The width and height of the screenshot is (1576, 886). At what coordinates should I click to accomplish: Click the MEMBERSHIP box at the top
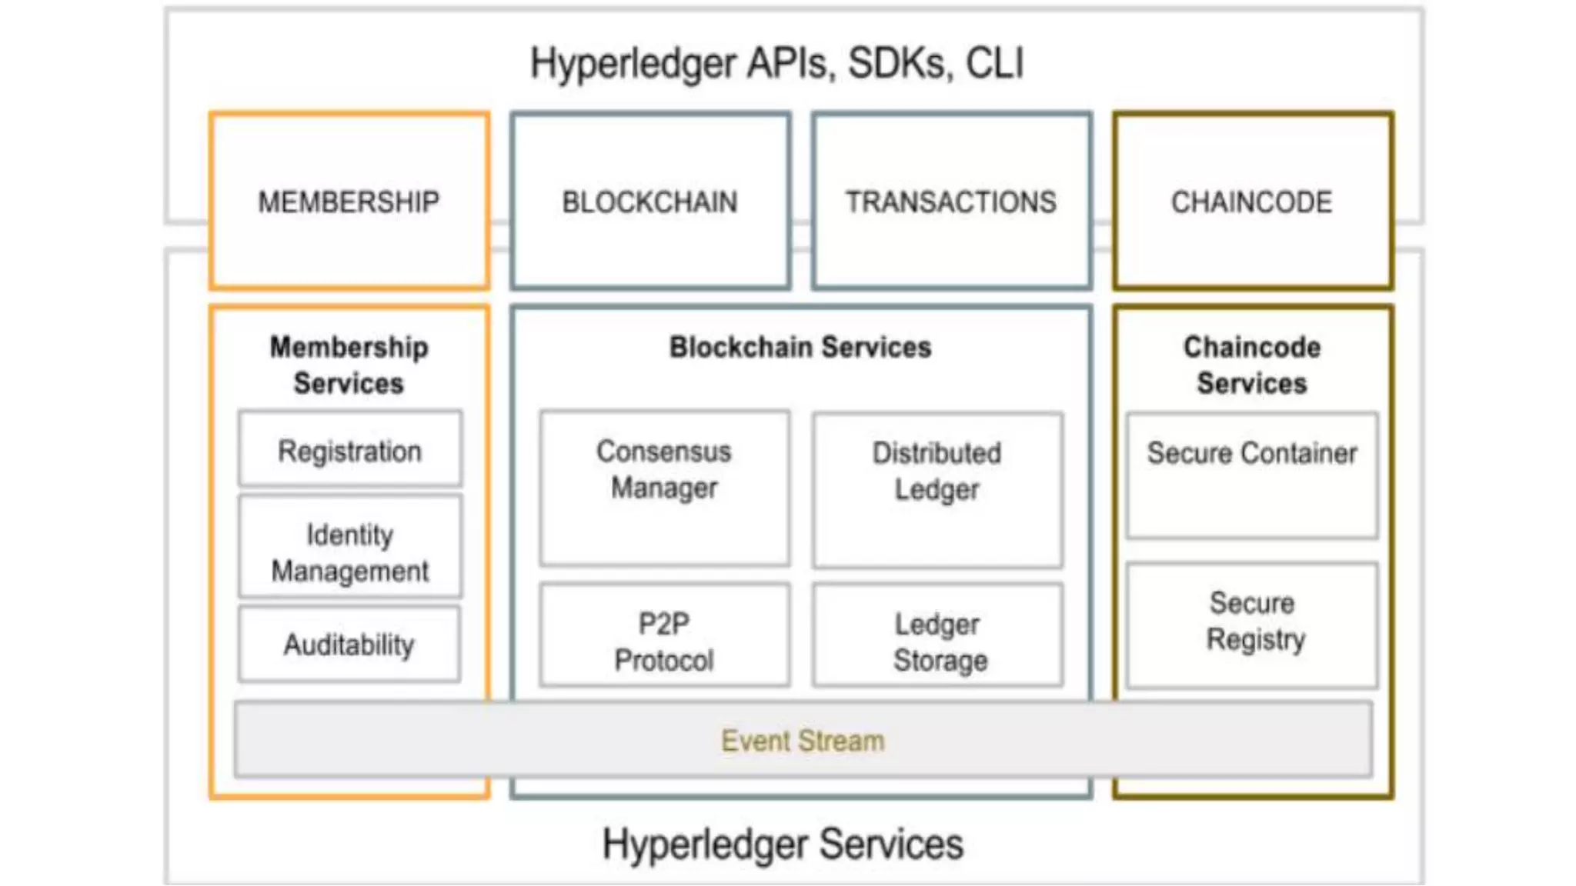[349, 202]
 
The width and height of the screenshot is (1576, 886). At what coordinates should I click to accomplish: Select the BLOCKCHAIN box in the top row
[650, 202]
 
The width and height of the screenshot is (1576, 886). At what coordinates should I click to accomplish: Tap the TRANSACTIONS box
[951, 202]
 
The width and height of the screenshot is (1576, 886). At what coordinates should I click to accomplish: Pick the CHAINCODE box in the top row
[1252, 202]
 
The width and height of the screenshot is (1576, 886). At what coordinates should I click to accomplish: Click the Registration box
[350, 450]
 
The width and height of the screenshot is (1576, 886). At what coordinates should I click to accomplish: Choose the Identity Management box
[350, 551]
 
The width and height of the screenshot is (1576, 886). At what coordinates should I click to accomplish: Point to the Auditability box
[350, 645]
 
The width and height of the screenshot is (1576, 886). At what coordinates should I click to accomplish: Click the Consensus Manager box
[664, 487]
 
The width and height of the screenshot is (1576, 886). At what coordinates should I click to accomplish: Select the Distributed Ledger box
[937, 489]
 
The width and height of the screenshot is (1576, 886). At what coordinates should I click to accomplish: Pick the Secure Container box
[1252, 475]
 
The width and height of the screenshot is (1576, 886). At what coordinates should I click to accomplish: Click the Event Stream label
[803, 741]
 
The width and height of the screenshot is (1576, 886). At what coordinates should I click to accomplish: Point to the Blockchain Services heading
[800, 347]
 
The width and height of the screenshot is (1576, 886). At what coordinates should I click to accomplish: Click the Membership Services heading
[349, 365]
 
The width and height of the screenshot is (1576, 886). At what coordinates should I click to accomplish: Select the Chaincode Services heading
[1252, 365]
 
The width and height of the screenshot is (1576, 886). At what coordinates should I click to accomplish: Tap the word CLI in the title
[994, 63]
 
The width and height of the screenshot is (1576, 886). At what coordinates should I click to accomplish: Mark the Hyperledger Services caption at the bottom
[783, 844]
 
